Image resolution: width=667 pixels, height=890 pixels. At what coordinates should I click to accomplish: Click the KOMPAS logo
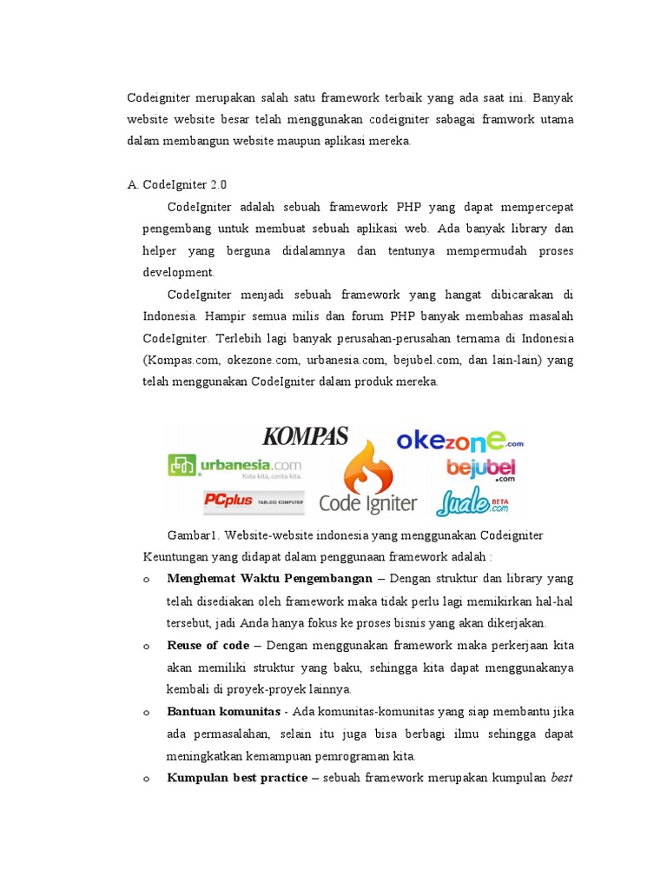click(305, 436)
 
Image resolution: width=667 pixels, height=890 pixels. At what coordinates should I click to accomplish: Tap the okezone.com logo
click(459, 440)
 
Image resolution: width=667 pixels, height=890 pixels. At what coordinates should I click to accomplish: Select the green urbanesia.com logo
click(234, 467)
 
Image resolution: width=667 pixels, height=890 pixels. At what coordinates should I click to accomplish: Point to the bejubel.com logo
click(482, 468)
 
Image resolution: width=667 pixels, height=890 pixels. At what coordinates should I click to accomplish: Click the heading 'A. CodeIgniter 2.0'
click(177, 184)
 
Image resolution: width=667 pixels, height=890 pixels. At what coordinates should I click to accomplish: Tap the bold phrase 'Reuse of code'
click(208, 646)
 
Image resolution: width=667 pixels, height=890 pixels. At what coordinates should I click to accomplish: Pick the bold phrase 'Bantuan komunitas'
click(223, 712)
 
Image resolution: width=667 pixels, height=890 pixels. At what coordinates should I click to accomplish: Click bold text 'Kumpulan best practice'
click(236, 778)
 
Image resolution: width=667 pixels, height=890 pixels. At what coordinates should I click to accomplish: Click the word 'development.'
click(178, 272)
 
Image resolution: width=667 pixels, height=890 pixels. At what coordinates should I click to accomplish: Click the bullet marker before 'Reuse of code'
click(147, 647)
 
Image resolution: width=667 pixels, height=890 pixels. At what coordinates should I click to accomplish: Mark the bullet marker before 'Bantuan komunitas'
click(147, 713)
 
